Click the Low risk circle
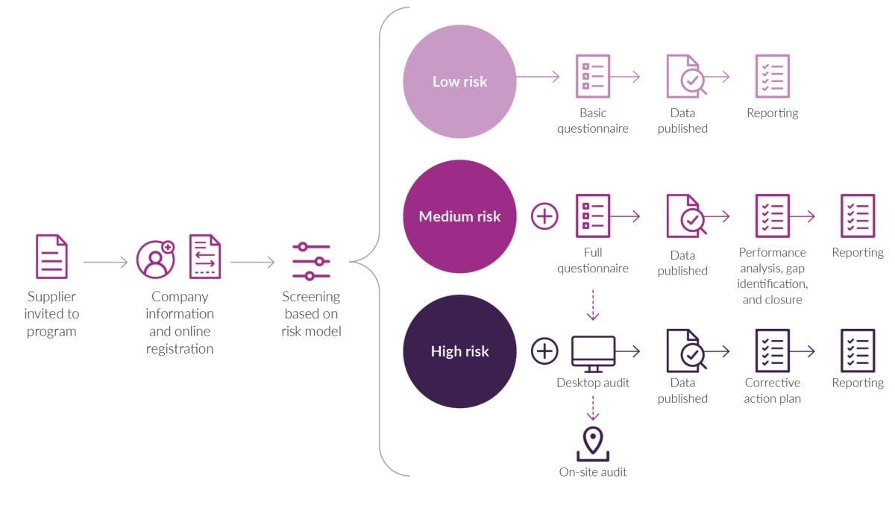[x=459, y=81]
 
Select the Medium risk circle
[x=459, y=216]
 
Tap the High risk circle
[x=459, y=351]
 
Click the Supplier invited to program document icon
[x=51, y=257]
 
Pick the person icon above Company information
[x=155, y=259]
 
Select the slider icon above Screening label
[x=311, y=262]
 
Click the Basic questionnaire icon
[x=592, y=76]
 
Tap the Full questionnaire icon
[x=592, y=216]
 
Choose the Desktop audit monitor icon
[x=593, y=353]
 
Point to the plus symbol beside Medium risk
[x=544, y=216]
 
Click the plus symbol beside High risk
[x=544, y=351]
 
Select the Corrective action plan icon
[x=772, y=351]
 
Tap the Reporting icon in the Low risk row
[x=772, y=76]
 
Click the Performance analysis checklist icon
[x=772, y=216]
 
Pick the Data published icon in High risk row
[x=685, y=351]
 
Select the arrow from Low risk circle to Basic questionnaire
[x=538, y=76]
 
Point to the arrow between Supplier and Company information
[x=105, y=263]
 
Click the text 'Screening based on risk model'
[x=311, y=313]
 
